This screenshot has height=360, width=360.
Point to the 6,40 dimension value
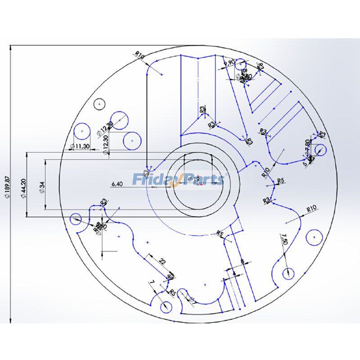(117, 184)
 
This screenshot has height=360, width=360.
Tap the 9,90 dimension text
(229, 63)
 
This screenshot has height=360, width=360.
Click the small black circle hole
(99, 104)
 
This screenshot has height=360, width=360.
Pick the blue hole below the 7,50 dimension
(288, 273)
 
